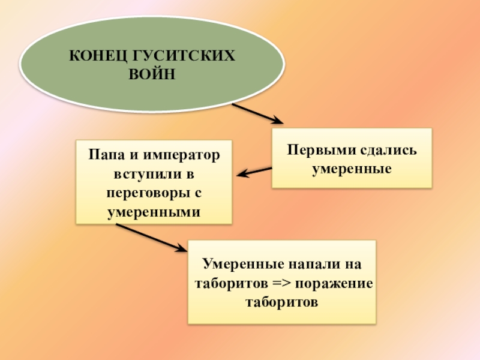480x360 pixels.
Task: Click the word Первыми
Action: coord(316,149)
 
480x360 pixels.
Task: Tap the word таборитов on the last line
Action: coord(281,301)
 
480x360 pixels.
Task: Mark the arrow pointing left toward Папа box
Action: coord(254,172)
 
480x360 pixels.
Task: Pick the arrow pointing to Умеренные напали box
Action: coord(150,237)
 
